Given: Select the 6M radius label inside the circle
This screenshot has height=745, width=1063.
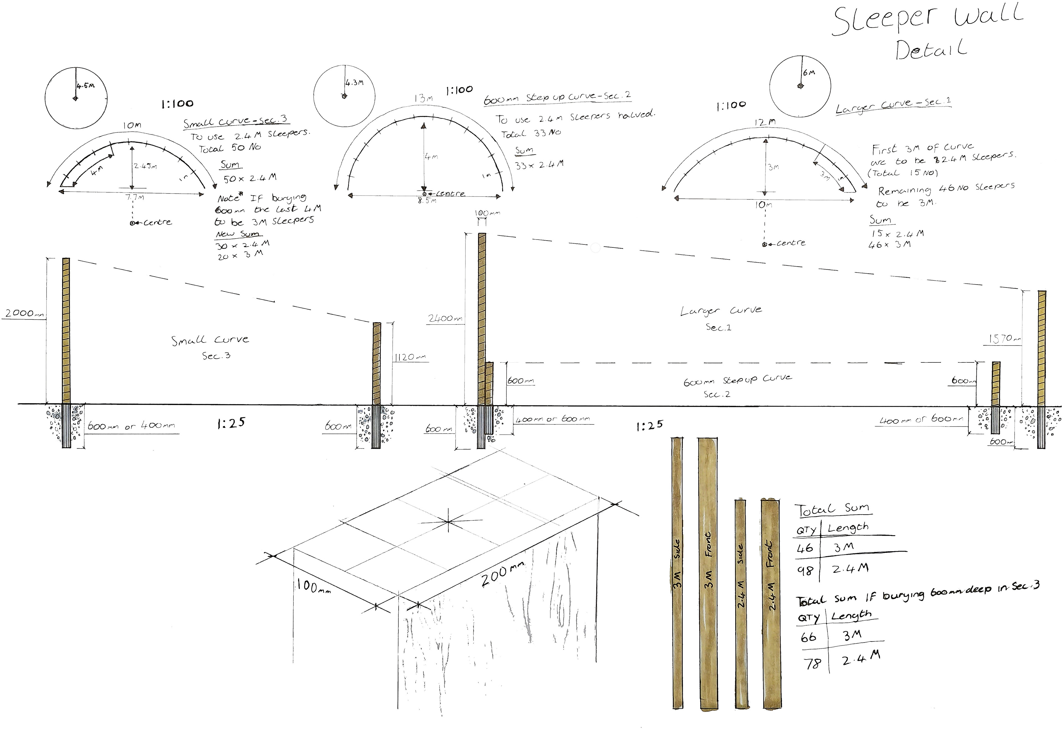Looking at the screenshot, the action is coord(809,73).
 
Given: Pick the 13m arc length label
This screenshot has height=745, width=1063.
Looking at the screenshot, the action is coord(423,98).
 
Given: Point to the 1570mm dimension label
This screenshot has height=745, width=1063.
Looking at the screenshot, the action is coord(1004,339).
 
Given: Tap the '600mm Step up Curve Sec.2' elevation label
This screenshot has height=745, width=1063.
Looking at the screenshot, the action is coord(737,385).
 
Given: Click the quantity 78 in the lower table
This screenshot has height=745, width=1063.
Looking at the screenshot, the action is coord(812,664).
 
